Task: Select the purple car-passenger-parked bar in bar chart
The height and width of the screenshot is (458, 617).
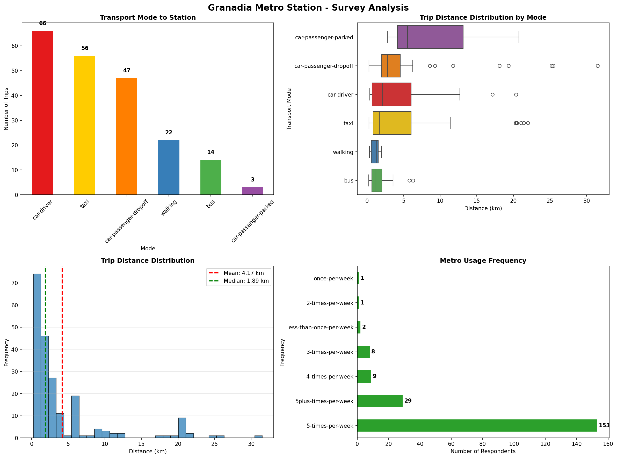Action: pos(252,191)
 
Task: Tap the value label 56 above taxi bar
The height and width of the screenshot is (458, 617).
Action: pos(85,48)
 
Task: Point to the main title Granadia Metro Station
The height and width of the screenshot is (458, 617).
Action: pos(308,8)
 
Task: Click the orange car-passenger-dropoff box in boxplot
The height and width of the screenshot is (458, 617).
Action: pos(390,66)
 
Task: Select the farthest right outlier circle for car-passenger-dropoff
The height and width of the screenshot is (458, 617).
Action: pos(597,66)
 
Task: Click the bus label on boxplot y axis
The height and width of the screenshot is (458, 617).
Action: pos(349,181)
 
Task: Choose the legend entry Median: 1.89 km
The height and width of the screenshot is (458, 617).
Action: pos(246,281)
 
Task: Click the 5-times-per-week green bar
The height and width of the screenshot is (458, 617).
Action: pos(477,426)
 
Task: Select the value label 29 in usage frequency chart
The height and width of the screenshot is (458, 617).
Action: pos(408,401)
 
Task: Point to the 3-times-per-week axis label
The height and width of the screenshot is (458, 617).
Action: pos(330,352)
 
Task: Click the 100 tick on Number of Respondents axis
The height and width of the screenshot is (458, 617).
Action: pos(514,444)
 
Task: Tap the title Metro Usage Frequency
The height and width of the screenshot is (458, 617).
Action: pos(483,261)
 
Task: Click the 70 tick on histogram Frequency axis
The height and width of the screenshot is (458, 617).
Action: pos(16,283)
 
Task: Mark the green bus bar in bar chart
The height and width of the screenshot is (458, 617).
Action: pos(211,177)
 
